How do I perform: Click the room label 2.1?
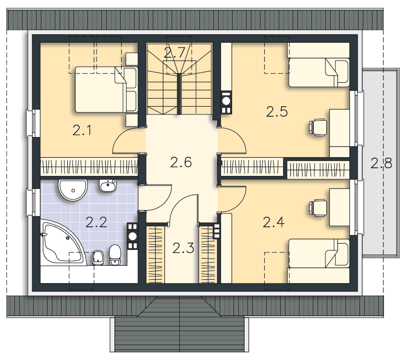click(x=82, y=130)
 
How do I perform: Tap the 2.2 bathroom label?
click(x=96, y=223)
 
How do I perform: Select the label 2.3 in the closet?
click(x=183, y=248)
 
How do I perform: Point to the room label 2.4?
click(x=274, y=223)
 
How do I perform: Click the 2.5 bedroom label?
click(x=277, y=112)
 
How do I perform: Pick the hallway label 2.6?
click(x=181, y=162)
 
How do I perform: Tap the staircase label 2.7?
click(x=175, y=53)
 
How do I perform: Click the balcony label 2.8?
click(x=382, y=163)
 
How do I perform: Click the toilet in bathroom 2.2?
click(x=115, y=255)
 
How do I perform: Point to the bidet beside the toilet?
click(x=98, y=258)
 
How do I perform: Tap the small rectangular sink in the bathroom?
click(x=108, y=186)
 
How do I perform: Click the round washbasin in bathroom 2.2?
click(x=73, y=190)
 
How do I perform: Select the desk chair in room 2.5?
click(x=318, y=127)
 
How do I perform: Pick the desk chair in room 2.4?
click(x=318, y=208)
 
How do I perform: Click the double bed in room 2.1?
click(x=106, y=89)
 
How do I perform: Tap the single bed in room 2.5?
click(x=319, y=73)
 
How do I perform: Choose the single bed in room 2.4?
click(x=319, y=253)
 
